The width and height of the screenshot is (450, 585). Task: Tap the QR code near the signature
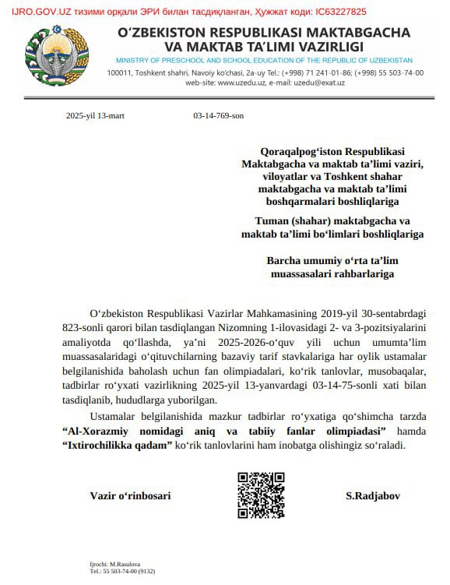(261, 495)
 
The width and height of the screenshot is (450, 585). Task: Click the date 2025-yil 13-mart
(95, 115)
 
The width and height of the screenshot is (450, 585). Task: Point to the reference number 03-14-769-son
(218, 115)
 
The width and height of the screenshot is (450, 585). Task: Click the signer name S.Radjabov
(374, 495)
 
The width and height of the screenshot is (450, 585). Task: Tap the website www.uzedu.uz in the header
(237, 81)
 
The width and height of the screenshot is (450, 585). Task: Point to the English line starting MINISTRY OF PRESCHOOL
(264, 60)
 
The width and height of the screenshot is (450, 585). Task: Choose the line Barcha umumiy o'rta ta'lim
(332, 261)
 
